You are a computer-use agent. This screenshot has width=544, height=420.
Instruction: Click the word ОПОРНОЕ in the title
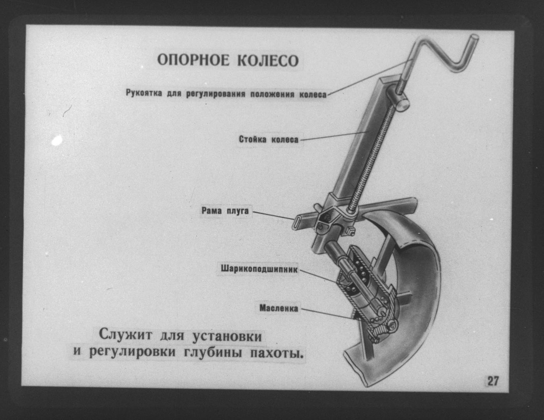point(193,60)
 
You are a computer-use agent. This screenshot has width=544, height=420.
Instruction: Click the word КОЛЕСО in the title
point(268,60)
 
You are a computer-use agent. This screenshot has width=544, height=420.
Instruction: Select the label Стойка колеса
point(268,139)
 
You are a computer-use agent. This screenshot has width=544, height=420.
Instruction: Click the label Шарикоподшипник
point(259,269)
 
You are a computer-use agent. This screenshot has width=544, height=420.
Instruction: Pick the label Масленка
point(279,308)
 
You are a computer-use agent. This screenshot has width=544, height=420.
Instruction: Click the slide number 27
point(493,381)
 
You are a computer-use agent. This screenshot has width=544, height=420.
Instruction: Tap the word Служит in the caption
point(125,335)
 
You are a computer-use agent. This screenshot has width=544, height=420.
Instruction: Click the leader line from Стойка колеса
point(334,136)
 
